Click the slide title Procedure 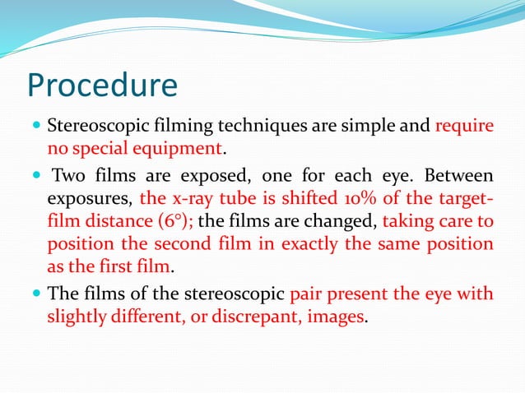click(x=102, y=86)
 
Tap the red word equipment click(x=181, y=150)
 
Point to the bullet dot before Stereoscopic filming click(x=34, y=127)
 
